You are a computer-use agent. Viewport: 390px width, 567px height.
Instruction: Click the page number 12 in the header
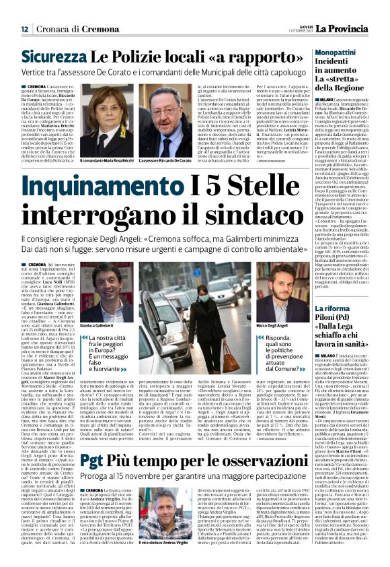click(24, 29)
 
